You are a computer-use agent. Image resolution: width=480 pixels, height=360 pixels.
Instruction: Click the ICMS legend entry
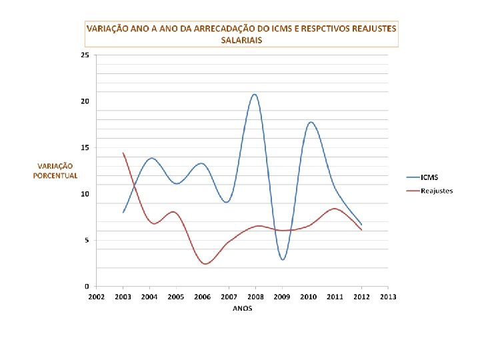423,177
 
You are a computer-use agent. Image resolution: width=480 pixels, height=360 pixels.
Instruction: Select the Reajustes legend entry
429,191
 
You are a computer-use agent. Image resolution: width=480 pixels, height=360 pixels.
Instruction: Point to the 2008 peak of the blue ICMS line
255,94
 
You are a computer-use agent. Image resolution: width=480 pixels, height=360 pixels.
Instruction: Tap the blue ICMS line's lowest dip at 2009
283,259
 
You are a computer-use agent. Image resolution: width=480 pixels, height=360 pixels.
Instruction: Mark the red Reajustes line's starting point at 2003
123,153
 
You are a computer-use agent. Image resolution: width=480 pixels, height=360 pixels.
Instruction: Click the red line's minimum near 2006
205,263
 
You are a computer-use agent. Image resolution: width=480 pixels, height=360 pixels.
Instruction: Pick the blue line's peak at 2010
311,122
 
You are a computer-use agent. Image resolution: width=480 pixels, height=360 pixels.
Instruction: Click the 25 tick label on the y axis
85,55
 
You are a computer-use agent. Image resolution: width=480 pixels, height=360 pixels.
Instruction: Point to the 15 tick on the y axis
85,147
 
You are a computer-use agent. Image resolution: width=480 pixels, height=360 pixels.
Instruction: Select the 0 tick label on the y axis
87,286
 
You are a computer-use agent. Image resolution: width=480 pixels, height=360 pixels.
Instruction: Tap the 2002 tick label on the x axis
97,297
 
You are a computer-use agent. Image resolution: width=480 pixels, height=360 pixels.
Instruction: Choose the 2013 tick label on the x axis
388,297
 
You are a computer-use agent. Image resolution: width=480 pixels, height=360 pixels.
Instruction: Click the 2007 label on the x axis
229,297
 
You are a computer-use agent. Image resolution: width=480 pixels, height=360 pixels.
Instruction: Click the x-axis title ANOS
242,308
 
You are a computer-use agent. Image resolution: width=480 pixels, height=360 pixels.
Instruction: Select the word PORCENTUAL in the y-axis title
55,176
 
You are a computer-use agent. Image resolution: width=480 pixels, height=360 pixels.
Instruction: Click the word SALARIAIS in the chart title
241,40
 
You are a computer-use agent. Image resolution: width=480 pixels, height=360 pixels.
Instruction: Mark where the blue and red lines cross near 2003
134,185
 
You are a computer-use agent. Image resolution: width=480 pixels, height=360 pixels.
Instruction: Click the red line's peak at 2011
334,209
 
